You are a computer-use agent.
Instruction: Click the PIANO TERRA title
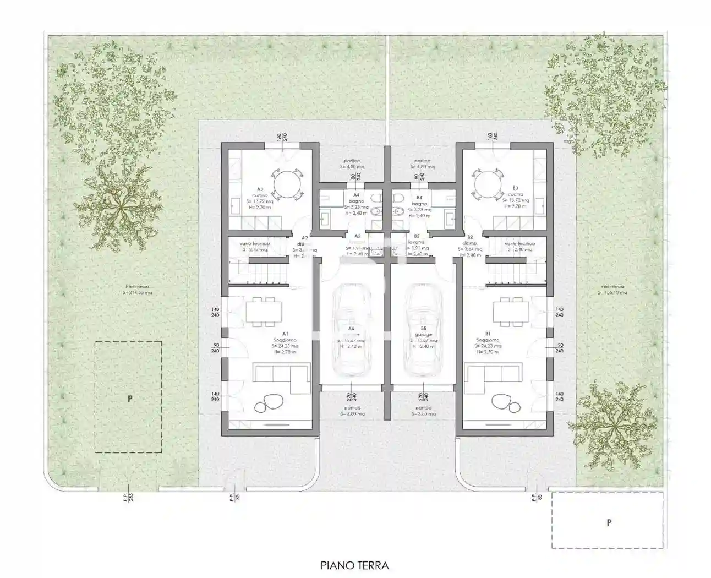point(355,565)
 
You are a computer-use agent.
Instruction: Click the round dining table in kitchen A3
point(288,181)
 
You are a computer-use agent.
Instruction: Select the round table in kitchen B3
point(488,181)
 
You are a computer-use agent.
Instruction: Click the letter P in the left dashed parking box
point(130,399)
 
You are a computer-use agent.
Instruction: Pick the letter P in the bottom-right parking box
point(609,522)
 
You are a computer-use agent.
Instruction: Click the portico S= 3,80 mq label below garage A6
point(351,411)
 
